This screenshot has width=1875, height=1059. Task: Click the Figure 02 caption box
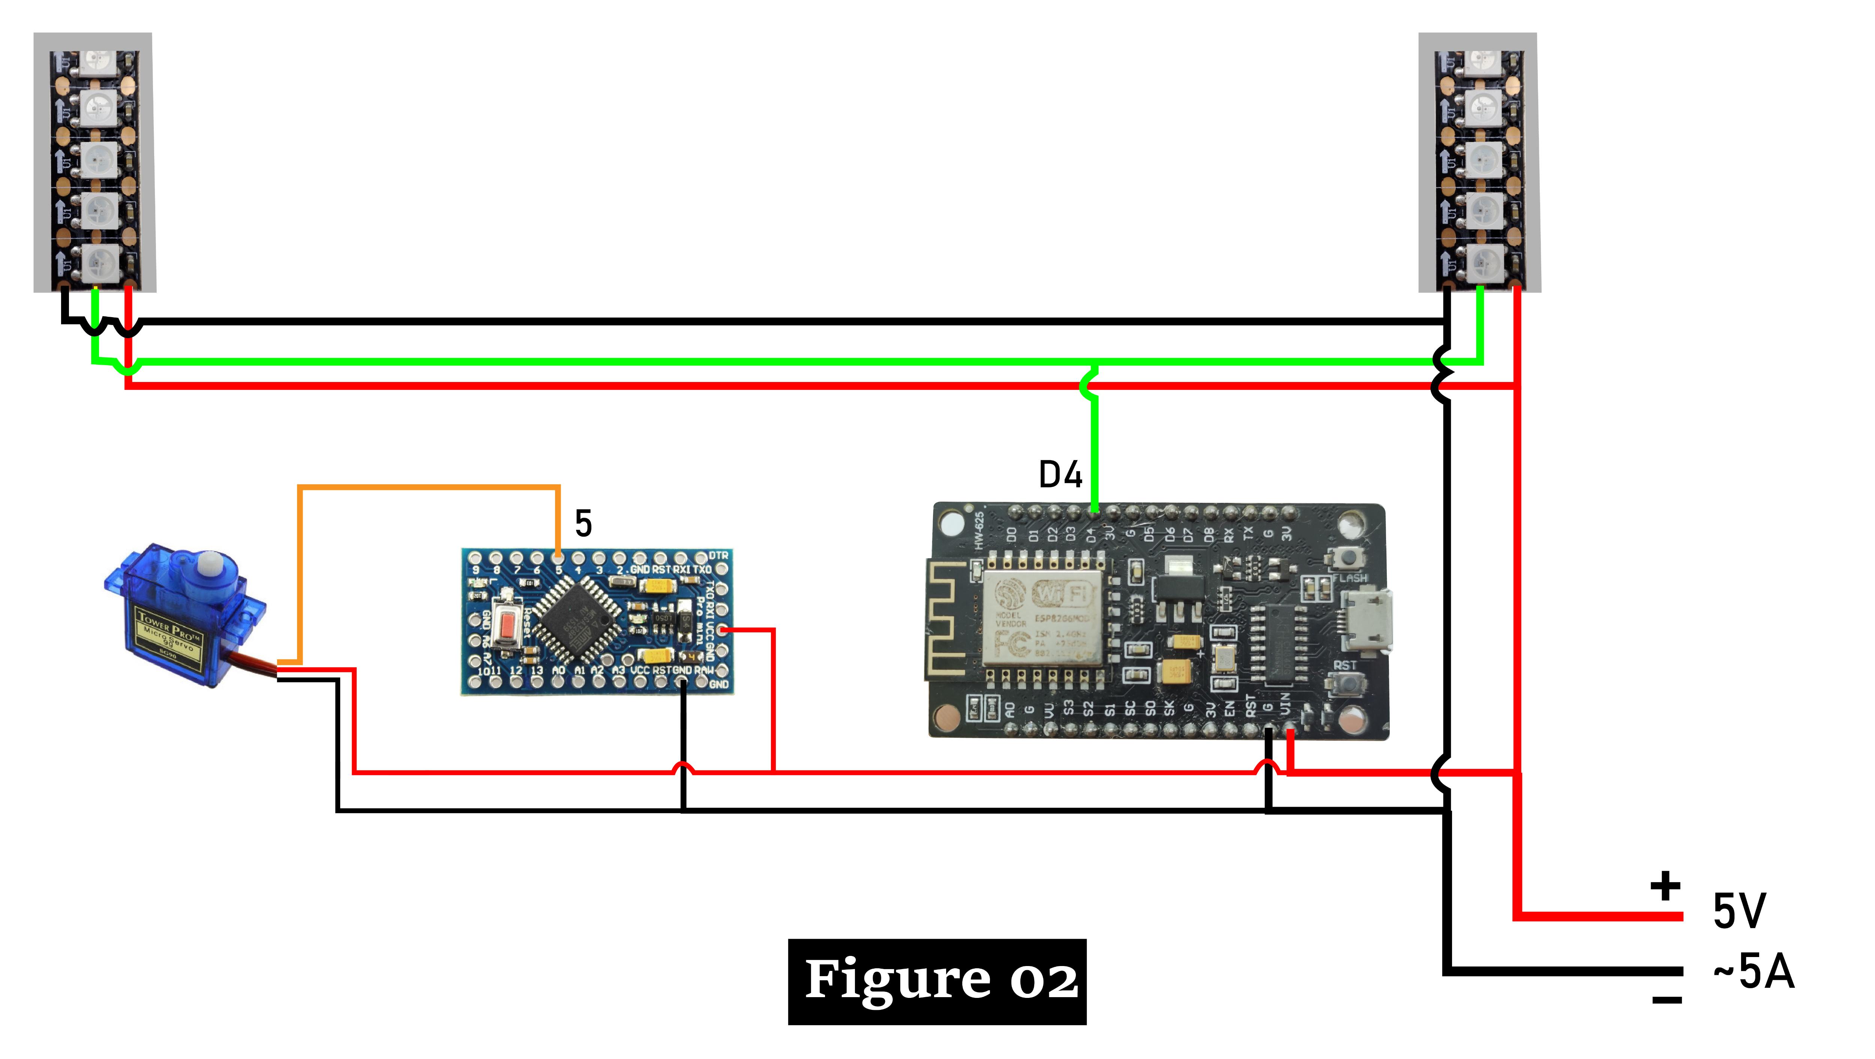(x=937, y=981)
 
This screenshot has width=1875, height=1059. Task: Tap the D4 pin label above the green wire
(x=1060, y=475)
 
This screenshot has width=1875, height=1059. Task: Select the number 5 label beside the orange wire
(x=583, y=523)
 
